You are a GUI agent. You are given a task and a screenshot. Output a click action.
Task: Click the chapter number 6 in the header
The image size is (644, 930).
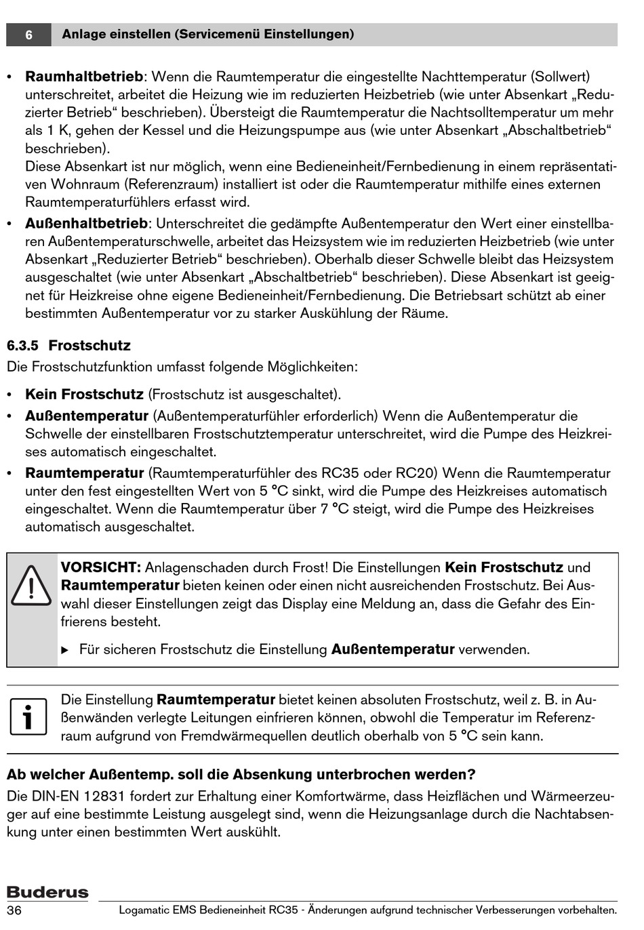point(28,35)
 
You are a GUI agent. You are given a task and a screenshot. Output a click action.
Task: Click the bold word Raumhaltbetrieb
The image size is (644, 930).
point(84,77)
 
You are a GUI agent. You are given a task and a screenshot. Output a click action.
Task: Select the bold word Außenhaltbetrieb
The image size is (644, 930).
point(86,224)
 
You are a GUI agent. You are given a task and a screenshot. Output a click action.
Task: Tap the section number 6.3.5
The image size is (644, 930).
point(22,346)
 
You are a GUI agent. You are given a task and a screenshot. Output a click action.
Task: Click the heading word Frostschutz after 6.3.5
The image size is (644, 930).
point(89,346)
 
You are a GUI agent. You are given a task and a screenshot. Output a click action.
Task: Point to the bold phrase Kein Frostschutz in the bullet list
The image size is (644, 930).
point(84,395)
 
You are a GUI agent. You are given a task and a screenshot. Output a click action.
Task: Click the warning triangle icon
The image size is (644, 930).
point(31,586)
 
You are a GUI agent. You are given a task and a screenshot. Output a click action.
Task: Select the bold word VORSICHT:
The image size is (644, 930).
point(100,568)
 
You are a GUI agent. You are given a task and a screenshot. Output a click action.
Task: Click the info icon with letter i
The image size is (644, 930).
point(28,718)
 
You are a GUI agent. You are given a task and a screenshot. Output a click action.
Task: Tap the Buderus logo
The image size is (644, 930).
point(47,892)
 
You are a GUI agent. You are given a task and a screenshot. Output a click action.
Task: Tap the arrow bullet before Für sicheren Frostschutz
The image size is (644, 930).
point(65,650)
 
